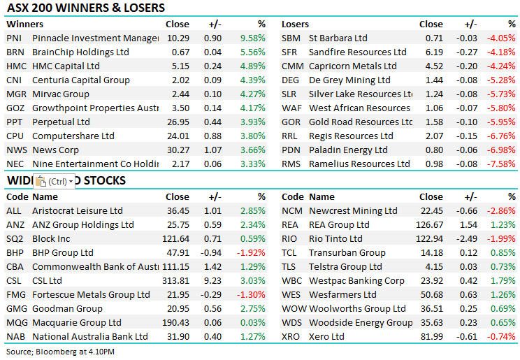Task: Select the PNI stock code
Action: tap(14, 38)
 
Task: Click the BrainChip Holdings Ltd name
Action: tap(80, 52)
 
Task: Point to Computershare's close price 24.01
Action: tap(177, 136)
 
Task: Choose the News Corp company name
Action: tap(55, 150)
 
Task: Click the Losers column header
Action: tap(295, 24)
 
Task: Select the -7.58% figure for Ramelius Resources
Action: tap(500, 164)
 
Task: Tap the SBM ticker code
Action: tap(291, 38)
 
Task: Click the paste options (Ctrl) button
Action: tap(54, 181)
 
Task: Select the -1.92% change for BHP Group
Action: tap(252, 252)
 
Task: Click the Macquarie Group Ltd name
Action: tap(77, 322)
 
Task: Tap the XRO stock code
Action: tap(291, 336)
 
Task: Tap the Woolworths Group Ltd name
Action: tap(357, 308)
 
